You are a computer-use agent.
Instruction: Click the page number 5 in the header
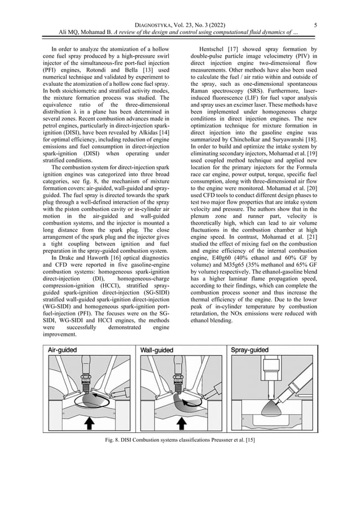tap(315, 24)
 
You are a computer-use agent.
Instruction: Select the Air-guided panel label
tap(63, 350)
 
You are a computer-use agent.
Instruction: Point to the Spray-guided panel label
tap(250, 350)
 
